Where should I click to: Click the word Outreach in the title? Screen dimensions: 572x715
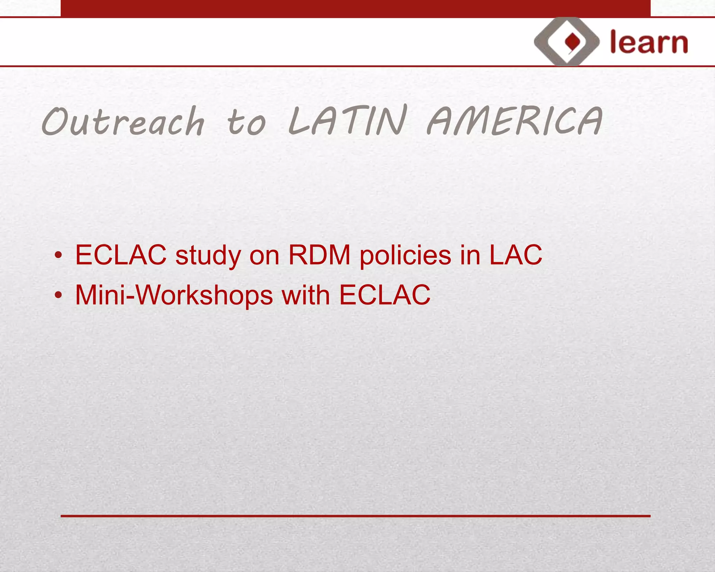(x=123, y=121)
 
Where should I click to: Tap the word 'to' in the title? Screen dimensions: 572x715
(x=246, y=122)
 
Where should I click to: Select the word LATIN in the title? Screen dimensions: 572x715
(x=348, y=120)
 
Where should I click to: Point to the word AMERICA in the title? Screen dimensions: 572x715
(x=515, y=121)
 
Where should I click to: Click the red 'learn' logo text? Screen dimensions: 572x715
(x=649, y=42)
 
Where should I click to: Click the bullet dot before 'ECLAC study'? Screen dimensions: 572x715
(x=58, y=255)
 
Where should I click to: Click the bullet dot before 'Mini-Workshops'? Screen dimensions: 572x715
(x=58, y=295)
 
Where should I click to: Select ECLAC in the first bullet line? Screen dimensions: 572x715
(x=121, y=255)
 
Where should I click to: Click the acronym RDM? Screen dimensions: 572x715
(x=319, y=255)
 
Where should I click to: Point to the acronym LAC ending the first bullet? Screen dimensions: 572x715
(x=516, y=255)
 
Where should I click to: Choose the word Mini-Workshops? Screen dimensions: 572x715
(x=174, y=295)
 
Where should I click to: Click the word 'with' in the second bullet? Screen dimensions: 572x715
(x=305, y=295)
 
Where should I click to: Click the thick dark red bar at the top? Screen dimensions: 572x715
(x=355, y=8)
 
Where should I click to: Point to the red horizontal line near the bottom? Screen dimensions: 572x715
(x=355, y=516)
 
